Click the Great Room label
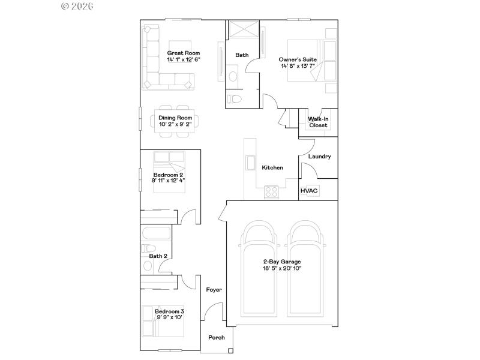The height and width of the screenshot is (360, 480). [183, 53]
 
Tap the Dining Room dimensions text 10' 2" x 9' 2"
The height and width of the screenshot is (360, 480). [175, 125]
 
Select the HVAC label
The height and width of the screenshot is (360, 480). [309, 191]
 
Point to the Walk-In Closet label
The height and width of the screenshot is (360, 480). [318, 122]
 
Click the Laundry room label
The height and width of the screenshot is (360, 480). [319, 157]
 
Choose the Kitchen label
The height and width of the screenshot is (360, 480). [272, 168]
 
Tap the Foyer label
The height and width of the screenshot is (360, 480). [214, 290]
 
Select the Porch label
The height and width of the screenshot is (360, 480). [217, 338]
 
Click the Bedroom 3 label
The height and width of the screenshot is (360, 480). [170, 311]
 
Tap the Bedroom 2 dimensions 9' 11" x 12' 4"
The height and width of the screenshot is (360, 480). [169, 180]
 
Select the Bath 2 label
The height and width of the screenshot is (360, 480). [158, 256]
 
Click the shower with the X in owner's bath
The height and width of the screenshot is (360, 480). [242, 30]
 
